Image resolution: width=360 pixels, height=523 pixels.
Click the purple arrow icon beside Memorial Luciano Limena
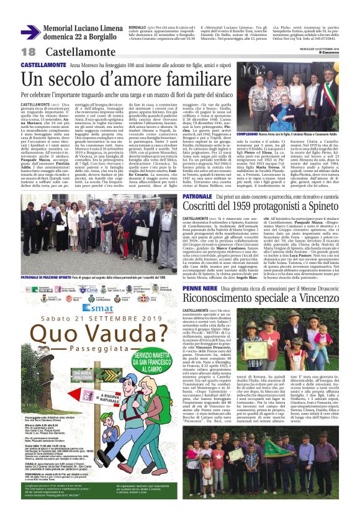pyautogui.click(x=30, y=31)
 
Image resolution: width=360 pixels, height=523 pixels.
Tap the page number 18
pyautogui.click(x=29, y=52)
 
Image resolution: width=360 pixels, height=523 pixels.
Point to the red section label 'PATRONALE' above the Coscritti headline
pyautogui.click(x=197, y=196)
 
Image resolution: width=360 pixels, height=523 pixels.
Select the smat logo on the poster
pyautogui.click(x=97, y=307)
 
